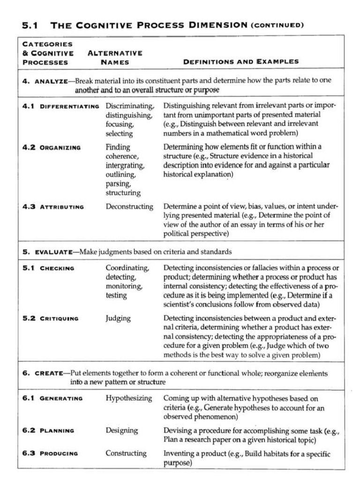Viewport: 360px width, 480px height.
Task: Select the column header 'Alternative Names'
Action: point(115,57)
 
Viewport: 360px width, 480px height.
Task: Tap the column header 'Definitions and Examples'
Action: point(240,61)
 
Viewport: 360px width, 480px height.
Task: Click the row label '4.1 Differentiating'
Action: point(61,106)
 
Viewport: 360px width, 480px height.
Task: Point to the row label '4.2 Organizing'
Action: point(52,147)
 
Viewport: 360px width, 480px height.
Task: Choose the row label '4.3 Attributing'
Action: point(53,206)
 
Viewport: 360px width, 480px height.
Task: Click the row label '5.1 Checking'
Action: point(48,268)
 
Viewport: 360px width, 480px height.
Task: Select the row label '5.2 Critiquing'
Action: point(51,318)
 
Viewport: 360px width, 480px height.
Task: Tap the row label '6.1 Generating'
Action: point(52,398)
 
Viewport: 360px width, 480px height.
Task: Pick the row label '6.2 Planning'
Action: point(48,430)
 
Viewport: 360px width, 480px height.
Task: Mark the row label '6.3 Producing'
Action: point(50,453)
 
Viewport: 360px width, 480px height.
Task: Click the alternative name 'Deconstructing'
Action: point(129,206)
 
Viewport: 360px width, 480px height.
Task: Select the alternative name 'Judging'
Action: point(118,318)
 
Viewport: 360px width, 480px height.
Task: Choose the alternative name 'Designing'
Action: point(121,430)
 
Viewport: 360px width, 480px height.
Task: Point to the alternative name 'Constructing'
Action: point(126,453)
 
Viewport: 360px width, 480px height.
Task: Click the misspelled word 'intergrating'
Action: point(125,165)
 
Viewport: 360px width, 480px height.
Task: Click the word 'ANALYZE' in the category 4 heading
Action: point(51,81)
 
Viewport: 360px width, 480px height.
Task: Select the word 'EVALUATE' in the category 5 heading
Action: point(53,252)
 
